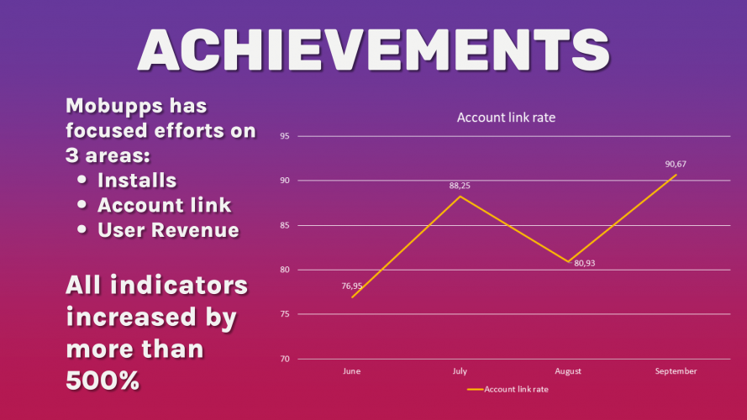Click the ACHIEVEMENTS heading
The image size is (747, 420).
pyautogui.click(x=374, y=50)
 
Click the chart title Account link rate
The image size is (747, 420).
pyautogui.click(x=506, y=118)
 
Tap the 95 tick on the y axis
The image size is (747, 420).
pyautogui.click(x=285, y=136)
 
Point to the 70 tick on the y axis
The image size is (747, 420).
pyautogui.click(x=285, y=359)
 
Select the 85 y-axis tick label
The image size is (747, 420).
pyautogui.click(x=285, y=225)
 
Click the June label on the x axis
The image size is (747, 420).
pyautogui.click(x=351, y=371)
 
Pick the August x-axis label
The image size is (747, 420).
pyautogui.click(x=568, y=371)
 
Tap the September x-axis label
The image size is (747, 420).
pyautogui.click(x=676, y=371)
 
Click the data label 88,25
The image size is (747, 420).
pyautogui.click(x=460, y=186)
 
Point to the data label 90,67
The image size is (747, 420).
pyautogui.click(x=676, y=165)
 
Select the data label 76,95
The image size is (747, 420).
pyautogui.click(x=351, y=286)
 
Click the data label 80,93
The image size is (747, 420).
pyautogui.click(x=585, y=263)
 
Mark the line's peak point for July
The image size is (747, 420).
pyautogui.click(x=460, y=197)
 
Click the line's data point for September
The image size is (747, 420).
pyautogui.click(x=676, y=175)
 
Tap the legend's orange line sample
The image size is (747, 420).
pyautogui.click(x=475, y=390)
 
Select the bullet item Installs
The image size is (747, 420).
pyautogui.click(x=137, y=181)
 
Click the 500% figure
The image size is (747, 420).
pyautogui.click(x=103, y=381)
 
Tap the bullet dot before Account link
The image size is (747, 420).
pyautogui.click(x=82, y=204)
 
